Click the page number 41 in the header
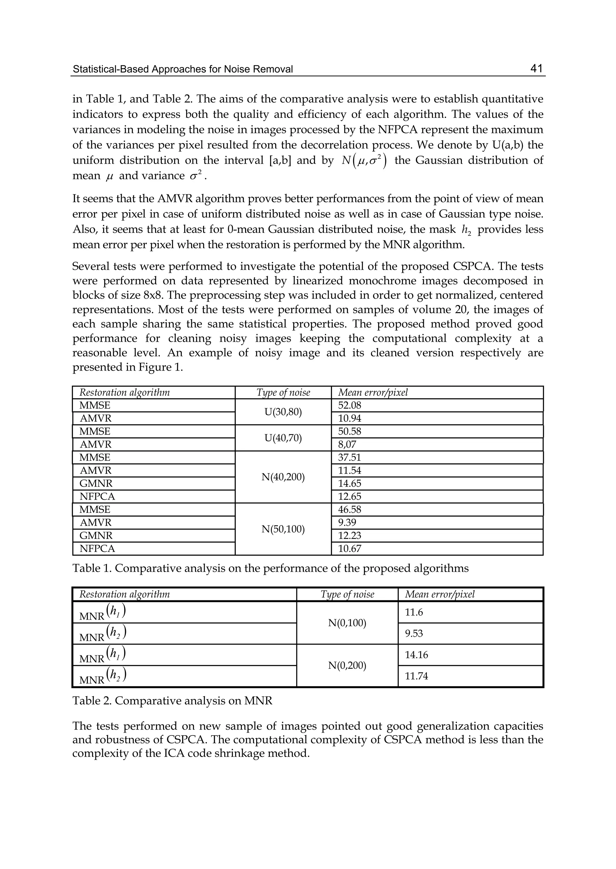536,68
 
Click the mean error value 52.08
349,405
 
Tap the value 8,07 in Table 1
347,445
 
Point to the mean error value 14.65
349,484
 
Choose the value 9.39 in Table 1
347,523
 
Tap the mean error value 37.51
349,458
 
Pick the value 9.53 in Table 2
414,634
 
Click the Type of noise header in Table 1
283,393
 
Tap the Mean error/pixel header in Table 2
440,594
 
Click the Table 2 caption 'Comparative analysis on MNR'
172,701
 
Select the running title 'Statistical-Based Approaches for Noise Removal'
183,69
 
